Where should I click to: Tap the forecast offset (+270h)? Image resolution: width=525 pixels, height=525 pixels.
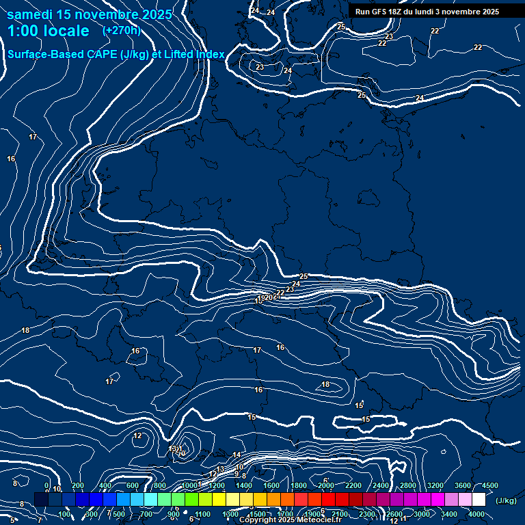tap(121, 30)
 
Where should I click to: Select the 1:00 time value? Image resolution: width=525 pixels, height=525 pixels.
tap(25, 31)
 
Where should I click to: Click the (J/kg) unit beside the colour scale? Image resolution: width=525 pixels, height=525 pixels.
tap(506, 500)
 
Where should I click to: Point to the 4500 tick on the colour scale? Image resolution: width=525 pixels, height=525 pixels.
tap(489, 485)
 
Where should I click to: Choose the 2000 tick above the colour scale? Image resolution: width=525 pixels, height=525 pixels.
tap(326, 485)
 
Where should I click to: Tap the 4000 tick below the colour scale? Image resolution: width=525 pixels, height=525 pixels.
tap(476, 514)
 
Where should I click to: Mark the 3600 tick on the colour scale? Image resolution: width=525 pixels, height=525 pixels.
tap(463, 485)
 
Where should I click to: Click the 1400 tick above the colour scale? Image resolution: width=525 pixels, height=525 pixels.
tap(244, 485)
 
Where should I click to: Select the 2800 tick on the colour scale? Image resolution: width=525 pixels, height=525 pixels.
tap(408, 485)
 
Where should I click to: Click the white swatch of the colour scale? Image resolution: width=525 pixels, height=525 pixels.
tap(479, 500)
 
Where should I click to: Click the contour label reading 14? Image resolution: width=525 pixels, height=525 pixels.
tap(237, 455)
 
